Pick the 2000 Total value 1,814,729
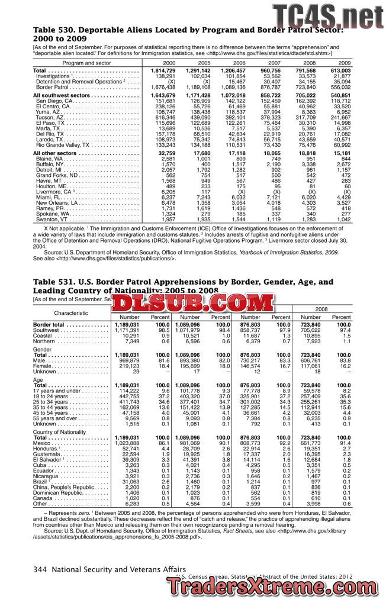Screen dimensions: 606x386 pyautogui.click(x=163, y=71)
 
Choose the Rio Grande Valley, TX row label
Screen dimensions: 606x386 pyautogui.click(x=63, y=144)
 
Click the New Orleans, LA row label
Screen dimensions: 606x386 pyautogui.click(x=57, y=202)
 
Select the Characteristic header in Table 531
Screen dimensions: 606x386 pyautogui.click(x=71, y=312)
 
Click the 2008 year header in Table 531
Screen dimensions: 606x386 pyautogui.click(x=321, y=309)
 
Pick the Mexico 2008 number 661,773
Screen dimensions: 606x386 pyautogui.click(x=310, y=443)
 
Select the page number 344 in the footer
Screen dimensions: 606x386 pyautogui.click(x=41, y=569)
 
